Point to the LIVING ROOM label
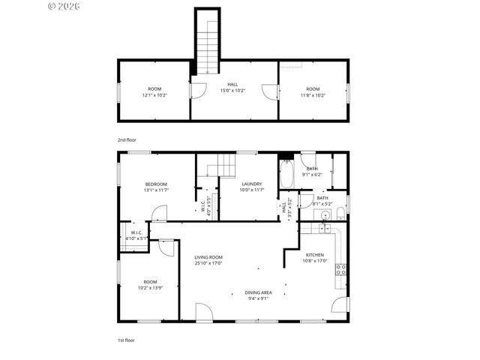(x=208, y=257)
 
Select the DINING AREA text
(x=258, y=292)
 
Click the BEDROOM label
(x=156, y=184)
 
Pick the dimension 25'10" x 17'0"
(x=208, y=263)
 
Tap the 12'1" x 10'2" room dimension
(x=154, y=95)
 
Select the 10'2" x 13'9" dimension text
(x=151, y=288)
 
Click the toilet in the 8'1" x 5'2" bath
(x=340, y=214)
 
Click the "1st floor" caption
(x=126, y=340)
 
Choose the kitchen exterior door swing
(x=340, y=305)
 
